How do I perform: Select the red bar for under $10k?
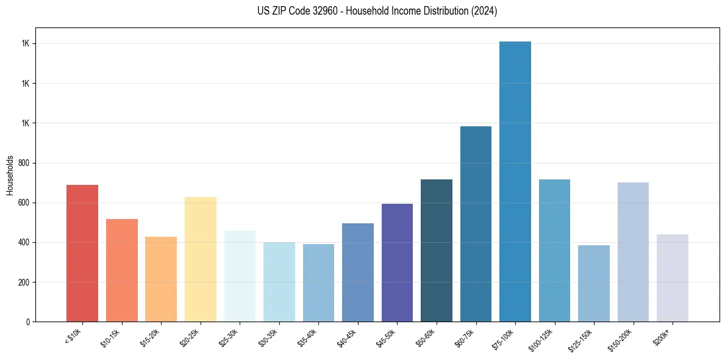(82, 253)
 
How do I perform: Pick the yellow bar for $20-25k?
(201, 259)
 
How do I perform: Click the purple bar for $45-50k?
(397, 263)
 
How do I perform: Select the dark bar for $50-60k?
(437, 251)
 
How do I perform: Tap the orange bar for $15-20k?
(161, 279)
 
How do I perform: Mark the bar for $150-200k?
(633, 252)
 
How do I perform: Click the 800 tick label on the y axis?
(23, 163)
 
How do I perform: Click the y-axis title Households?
(10, 175)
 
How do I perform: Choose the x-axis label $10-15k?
(110, 337)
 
